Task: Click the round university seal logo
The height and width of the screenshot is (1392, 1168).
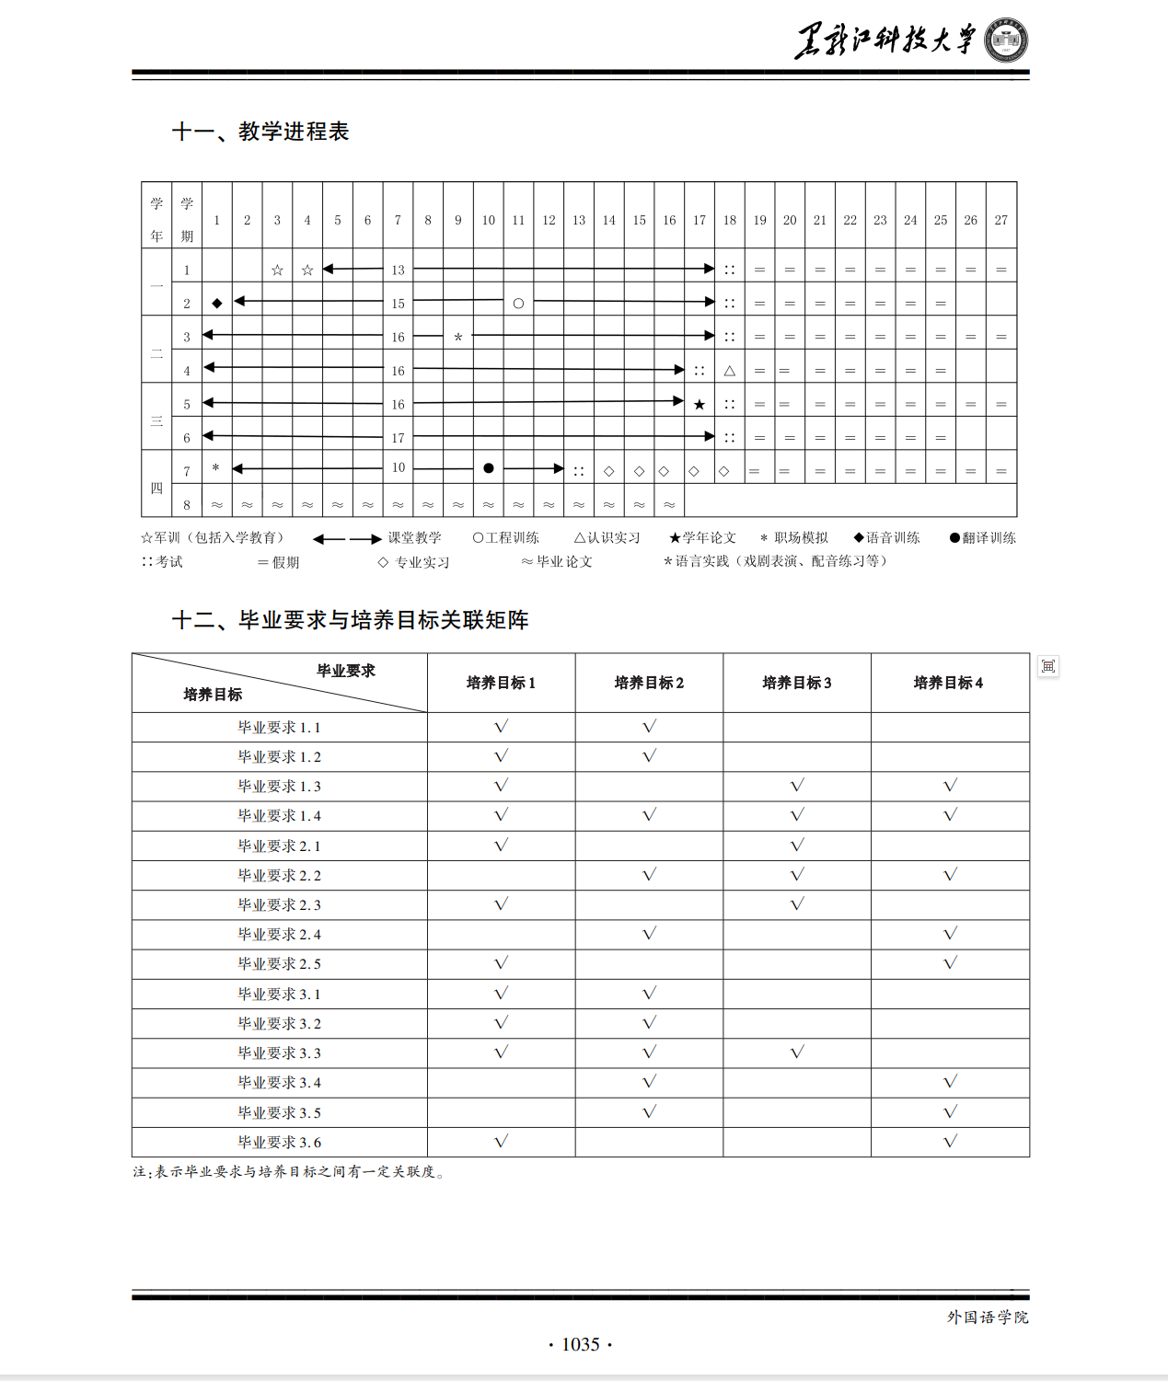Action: pyautogui.click(x=1006, y=40)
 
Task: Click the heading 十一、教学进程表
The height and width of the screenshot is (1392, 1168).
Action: pyautogui.click(x=260, y=132)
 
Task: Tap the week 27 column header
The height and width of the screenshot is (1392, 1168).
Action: pyautogui.click(x=1000, y=220)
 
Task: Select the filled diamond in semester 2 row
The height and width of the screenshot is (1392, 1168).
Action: pyautogui.click(x=217, y=303)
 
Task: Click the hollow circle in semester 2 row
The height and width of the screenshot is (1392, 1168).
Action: pyautogui.click(x=518, y=303)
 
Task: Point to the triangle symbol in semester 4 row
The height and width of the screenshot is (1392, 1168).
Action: pyautogui.click(x=729, y=371)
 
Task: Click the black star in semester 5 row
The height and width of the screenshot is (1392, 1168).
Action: pyautogui.click(x=700, y=404)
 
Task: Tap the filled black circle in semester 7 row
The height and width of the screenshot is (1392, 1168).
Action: pyautogui.click(x=489, y=468)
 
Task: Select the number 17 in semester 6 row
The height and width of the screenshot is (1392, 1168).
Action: pyautogui.click(x=398, y=438)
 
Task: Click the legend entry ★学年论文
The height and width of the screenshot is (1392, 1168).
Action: pyautogui.click(x=703, y=537)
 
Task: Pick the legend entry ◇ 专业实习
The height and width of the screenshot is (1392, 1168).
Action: pyautogui.click(x=413, y=562)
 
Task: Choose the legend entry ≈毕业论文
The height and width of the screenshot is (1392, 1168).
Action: pyautogui.click(x=557, y=561)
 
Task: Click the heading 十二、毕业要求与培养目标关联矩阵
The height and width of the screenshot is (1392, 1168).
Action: pyautogui.click(x=350, y=620)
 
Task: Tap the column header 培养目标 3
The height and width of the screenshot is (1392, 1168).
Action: pyautogui.click(x=796, y=683)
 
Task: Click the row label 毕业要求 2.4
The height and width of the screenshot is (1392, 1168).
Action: pyautogui.click(x=279, y=934)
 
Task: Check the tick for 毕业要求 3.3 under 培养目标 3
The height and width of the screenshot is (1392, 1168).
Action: pyautogui.click(x=797, y=1052)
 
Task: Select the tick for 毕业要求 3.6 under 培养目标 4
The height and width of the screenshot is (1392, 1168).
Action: pyautogui.click(x=950, y=1141)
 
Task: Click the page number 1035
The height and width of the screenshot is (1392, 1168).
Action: pyautogui.click(x=581, y=1344)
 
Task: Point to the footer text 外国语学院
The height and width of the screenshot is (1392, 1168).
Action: pyautogui.click(x=988, y=1317)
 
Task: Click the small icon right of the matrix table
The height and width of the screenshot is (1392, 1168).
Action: pyautogui.click(x=1048, y=666)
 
